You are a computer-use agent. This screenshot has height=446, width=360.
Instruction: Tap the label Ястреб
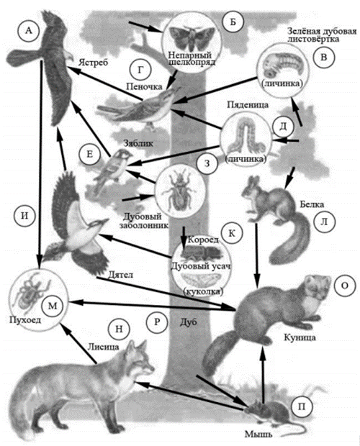click(x=93, y=63)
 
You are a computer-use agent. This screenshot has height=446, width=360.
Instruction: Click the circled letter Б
click(x=233, y=22)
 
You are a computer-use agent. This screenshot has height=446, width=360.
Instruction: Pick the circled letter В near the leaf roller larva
click(x=323, y=57)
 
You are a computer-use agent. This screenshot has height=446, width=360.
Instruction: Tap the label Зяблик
click(x=138, y=142)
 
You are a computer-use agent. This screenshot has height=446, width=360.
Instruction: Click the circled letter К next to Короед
click(x=232, y=233)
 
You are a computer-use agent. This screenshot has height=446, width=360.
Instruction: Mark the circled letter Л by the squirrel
click(x=324, y=222)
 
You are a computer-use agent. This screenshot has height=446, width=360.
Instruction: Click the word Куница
click(x=300, y=337)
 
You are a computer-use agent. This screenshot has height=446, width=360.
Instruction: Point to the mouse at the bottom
click(x=268, y=412)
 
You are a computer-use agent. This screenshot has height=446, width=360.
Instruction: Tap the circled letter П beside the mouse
click(x=302, y=406)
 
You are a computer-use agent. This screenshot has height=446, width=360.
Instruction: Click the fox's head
click(x=140, y=361)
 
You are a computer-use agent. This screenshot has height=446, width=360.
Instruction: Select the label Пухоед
click(x=25, y=319)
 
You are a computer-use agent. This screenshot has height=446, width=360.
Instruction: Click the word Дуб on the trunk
click(x=188, y=322)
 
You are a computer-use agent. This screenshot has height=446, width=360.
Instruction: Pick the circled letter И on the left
click(x=25, y=216)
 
